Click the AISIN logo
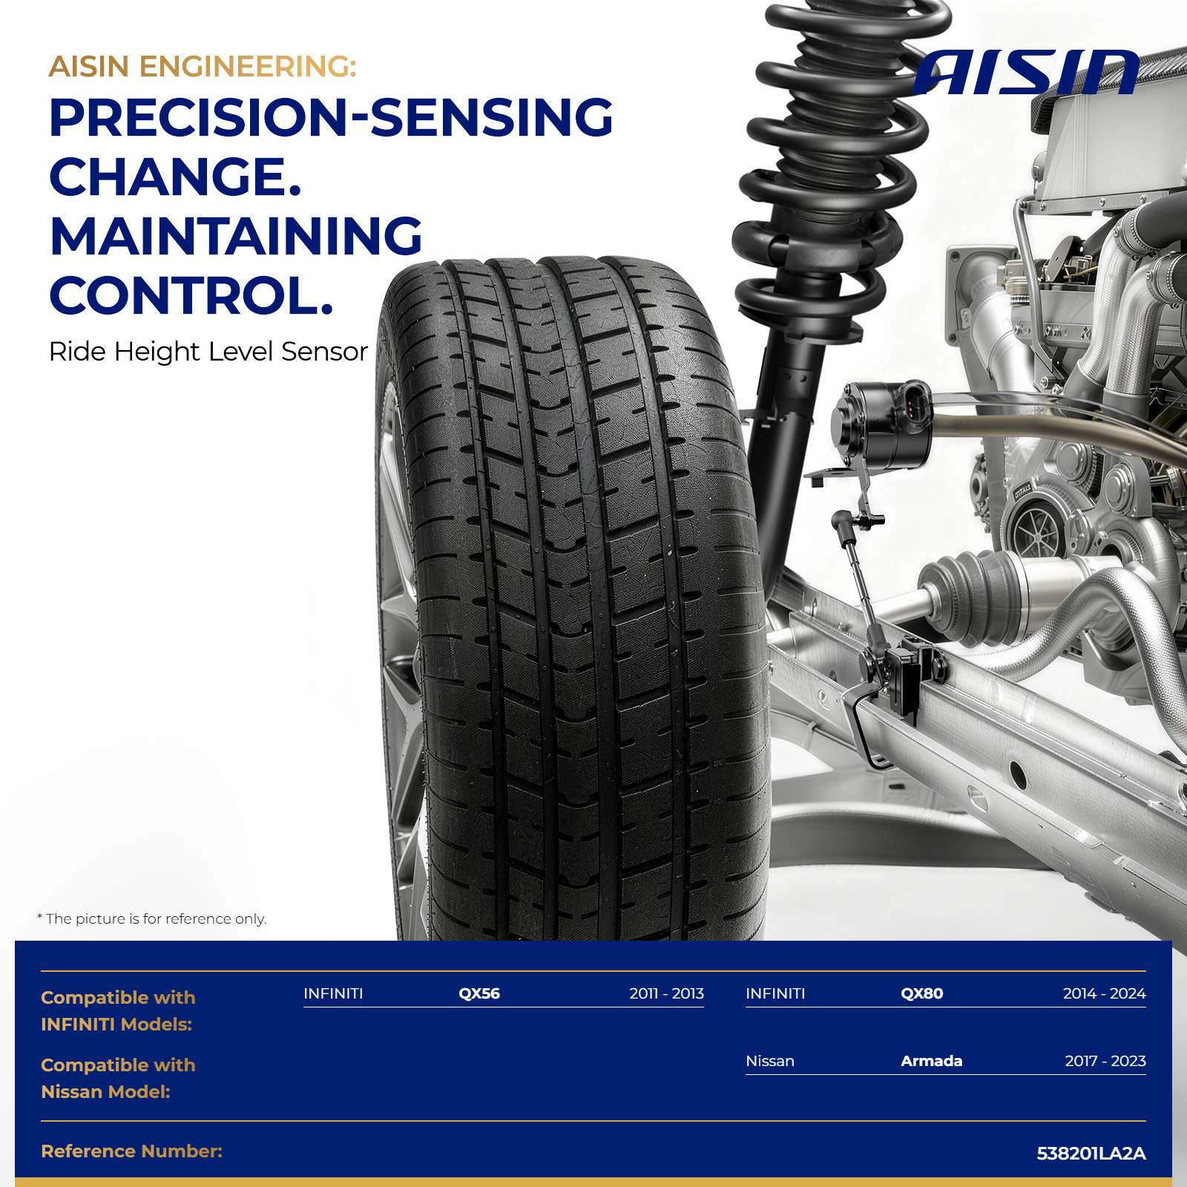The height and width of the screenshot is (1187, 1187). tap(1027, 72)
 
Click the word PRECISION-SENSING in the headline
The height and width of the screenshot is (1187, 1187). tap(331, 117)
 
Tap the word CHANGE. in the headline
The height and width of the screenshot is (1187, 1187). tap(175, 177)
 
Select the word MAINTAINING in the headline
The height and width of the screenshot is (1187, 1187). tap(236, 236)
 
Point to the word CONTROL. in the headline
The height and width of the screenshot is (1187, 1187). tap(191, 295)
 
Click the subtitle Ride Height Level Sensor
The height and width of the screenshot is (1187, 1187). tap(208, 352)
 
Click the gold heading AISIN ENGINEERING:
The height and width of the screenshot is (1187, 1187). tap(203, 67)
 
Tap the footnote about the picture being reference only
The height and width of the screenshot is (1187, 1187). tap(152, 918)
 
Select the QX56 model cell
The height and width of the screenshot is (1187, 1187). tap(479, 993)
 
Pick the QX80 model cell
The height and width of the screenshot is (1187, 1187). tap(922, 993)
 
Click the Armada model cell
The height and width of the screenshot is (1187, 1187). tap(932, 1061)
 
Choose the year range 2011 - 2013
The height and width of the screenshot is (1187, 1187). tap(666, 993)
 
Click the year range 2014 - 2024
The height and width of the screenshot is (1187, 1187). tap(1105, 993)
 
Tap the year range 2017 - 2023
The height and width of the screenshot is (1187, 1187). tap(1105, 1061)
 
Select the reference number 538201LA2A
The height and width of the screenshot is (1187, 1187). tap(1091, 1154)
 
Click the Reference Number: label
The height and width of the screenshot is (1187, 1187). tap(132, 1151)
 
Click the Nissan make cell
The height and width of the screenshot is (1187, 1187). tap(770, 1061)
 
